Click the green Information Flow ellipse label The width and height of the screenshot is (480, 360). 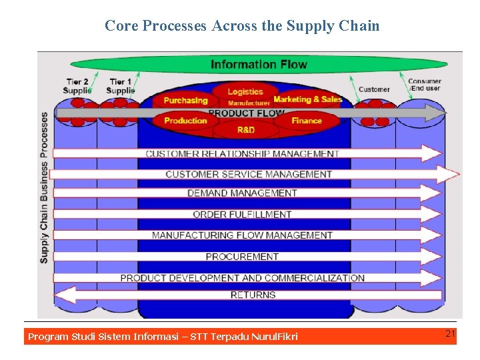tap(259, 65)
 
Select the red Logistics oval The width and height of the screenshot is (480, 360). tap(245, 91)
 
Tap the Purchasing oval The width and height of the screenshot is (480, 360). tap(185, 101)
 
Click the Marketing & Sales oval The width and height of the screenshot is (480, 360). tap(307, 99)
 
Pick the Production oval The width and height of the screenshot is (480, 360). tap(185, 121)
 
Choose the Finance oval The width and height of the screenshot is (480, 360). tap(306, 121)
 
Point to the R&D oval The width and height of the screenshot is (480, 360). tap(245, 129)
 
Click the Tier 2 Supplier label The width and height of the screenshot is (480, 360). tap(77, 86)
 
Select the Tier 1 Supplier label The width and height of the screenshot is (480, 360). tap(120, 86)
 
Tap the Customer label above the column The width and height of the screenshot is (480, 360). tap(374, 89)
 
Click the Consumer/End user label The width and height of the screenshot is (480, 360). tap(425, 85)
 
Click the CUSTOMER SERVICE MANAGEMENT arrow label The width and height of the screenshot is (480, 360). tap(249, 174)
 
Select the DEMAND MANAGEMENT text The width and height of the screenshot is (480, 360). tap(242, 193)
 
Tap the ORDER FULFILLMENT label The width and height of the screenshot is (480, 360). tap(242, 215)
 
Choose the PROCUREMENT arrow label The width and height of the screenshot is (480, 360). tap(242, 257)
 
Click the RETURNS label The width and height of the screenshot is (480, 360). tap(253, 295)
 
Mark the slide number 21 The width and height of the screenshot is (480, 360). tap(450, 333)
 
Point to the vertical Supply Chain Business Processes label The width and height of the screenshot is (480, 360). tap(45, 187)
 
